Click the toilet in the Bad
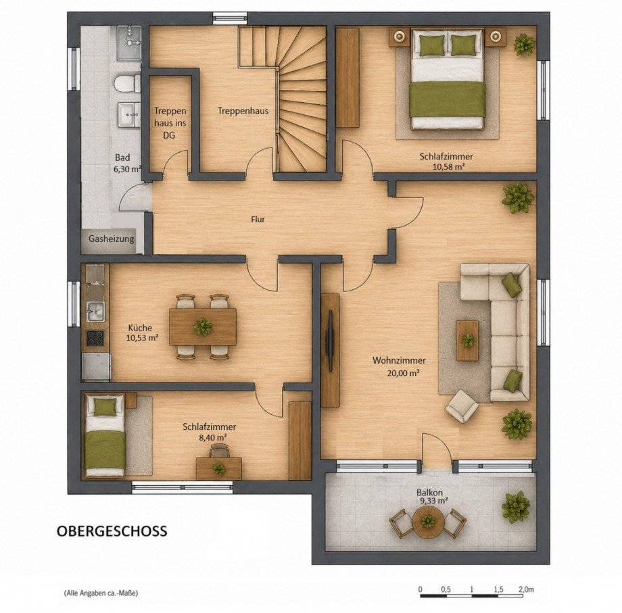pyautogui.click(x=127, y=84)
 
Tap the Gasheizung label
pyautogui.click(x=111, y=239)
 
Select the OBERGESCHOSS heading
pyautogui.click(x=112, y=531)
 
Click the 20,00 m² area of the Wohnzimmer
pyautogui.click(x=403, y=373)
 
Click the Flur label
pyautogui.click(x=258, y=219)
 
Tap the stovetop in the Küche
pyautogui.click(x=95, y=338)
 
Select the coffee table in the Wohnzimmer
pyautogui.click(x=467, y=341)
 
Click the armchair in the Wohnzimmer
pyautogui.click(x=462, y=406)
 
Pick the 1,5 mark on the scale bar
pyautogui.click(x=499, y=589)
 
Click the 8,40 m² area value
pyautogui.click(x=212, y=437)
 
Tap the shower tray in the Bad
pyautogui.click(x=129, y=43)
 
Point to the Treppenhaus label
pyautogui.click(x=243, y=111)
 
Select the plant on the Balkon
pyautogui.click(x=515, y=507)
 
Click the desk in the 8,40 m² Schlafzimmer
pyautogui.click(x=219, y=468)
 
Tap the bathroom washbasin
pyautogui.click(x=129, y=115)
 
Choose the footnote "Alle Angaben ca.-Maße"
pyautogui.click(x=100, y=593)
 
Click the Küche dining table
pyautogui.click(x=203, y=327)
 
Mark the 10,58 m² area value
pyautogui.click(x=448, y=166)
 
